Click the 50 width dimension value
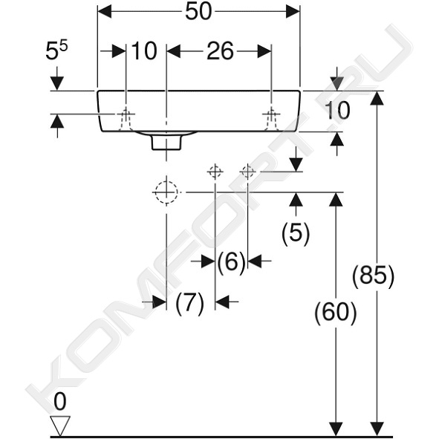[x=198, y=12]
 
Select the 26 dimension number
[x=220, y=51]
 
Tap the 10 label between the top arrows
[x=144, y=51]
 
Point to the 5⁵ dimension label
[x=56, y=51]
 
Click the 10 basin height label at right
[x=337, y=111]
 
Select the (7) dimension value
[x=190, y=303]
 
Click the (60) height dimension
[x=336, y=313]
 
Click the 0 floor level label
[x=60, y=401]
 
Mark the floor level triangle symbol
[x=60, y=426]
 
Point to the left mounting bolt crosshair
[x=126, y=114]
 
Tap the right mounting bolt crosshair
[x=271, y=114]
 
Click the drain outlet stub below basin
[x=166, y=143]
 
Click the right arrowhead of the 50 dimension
[x=293, y=11]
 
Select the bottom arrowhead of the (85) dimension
[x=377, y=429]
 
